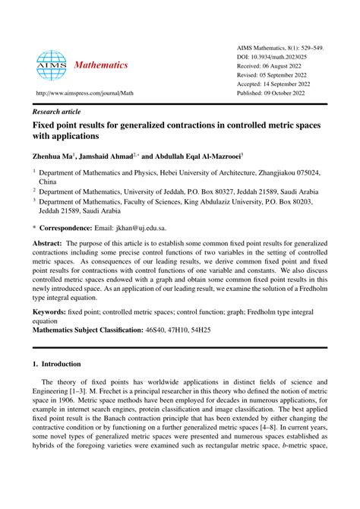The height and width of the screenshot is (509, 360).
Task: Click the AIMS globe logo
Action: point(51,66)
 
